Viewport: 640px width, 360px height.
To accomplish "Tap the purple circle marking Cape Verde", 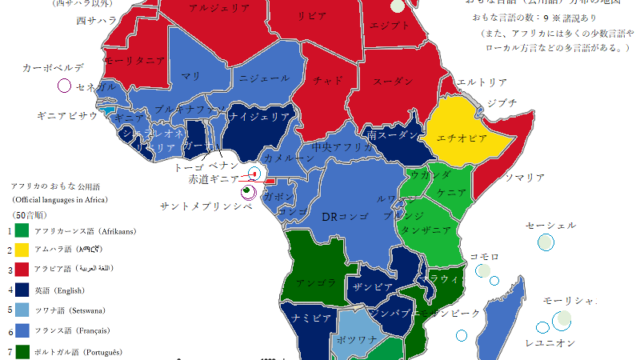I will coord(65,86).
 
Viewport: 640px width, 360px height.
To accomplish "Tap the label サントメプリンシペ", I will coord(206,206).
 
